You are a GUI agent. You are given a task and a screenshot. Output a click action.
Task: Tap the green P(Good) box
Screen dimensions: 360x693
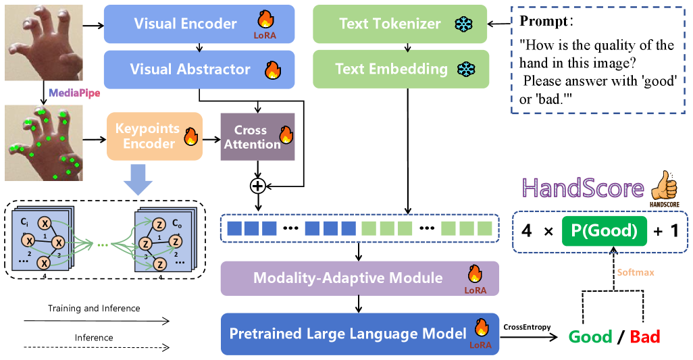click(x=604, y=231)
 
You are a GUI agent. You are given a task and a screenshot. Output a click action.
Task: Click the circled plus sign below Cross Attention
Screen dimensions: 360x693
click(x=257, y=185)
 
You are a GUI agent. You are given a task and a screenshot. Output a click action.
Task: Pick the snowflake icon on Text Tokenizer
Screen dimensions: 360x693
click(x=463, y=25)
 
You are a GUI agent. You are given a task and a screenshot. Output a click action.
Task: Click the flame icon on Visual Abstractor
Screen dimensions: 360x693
click(x=273, y=69)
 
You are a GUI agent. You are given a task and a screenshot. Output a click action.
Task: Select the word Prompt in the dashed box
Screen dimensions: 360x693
click(x=544, y=21)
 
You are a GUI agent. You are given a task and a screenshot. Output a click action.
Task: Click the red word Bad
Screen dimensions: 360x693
click(x=644, y=336)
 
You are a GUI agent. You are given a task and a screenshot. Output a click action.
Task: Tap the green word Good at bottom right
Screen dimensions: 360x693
click(x=590, y=336)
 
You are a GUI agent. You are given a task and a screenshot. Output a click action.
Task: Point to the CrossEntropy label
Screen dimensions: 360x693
click(x=526, y=327)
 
